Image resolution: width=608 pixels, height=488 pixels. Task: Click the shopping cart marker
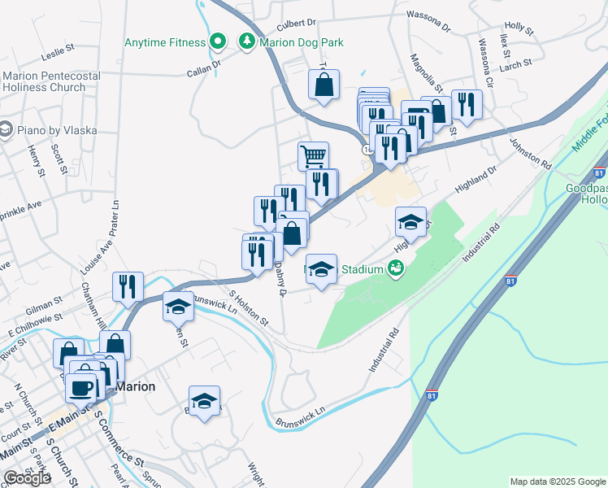(x=313, y=155)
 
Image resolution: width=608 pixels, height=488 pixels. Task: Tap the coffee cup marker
(x=82, y=387)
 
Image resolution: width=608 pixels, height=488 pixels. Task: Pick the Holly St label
(x=518, y=29)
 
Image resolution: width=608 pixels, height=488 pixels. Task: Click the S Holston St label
(x=249, y=309)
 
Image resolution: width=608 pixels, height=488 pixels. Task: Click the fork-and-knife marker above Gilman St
(x=128, y=286)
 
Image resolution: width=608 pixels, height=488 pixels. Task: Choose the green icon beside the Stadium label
(x=397, y=268)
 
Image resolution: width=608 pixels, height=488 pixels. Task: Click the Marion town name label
(x=135, y=386)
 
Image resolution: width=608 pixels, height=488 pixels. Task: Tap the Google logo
(x=27, y=478)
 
